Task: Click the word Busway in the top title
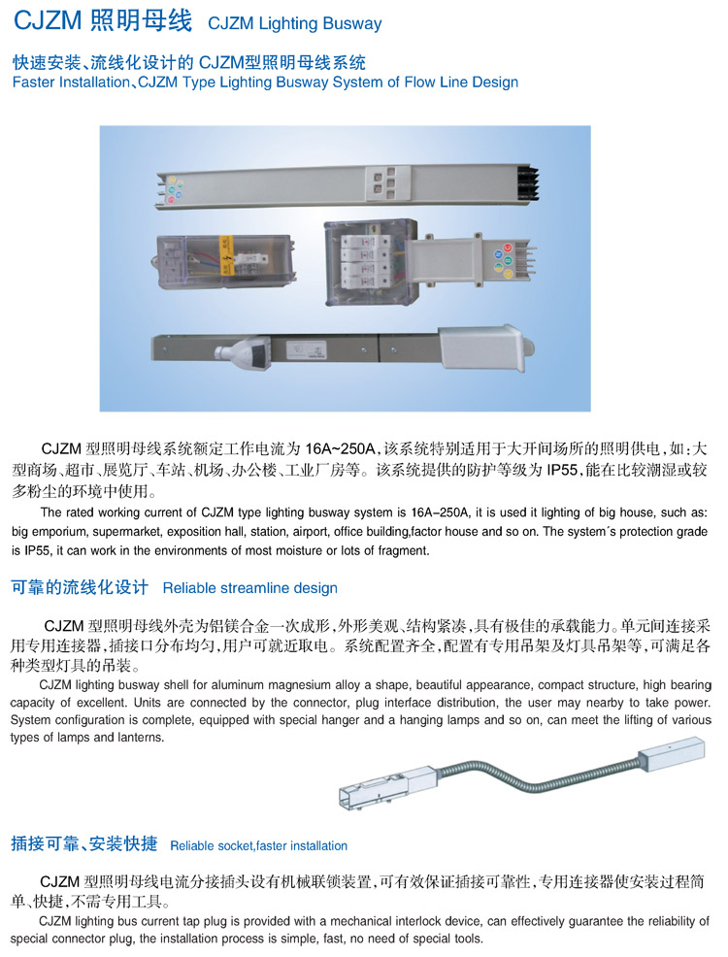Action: [x=352, y=24]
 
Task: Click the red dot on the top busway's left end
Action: [x=172, y=200]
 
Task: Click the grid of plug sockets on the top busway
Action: [x=385, y=183]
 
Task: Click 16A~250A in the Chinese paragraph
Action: [x=340, y=449]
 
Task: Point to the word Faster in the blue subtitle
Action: [x=33, y=82]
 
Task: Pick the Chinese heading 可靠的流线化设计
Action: [x=80, y=588]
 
